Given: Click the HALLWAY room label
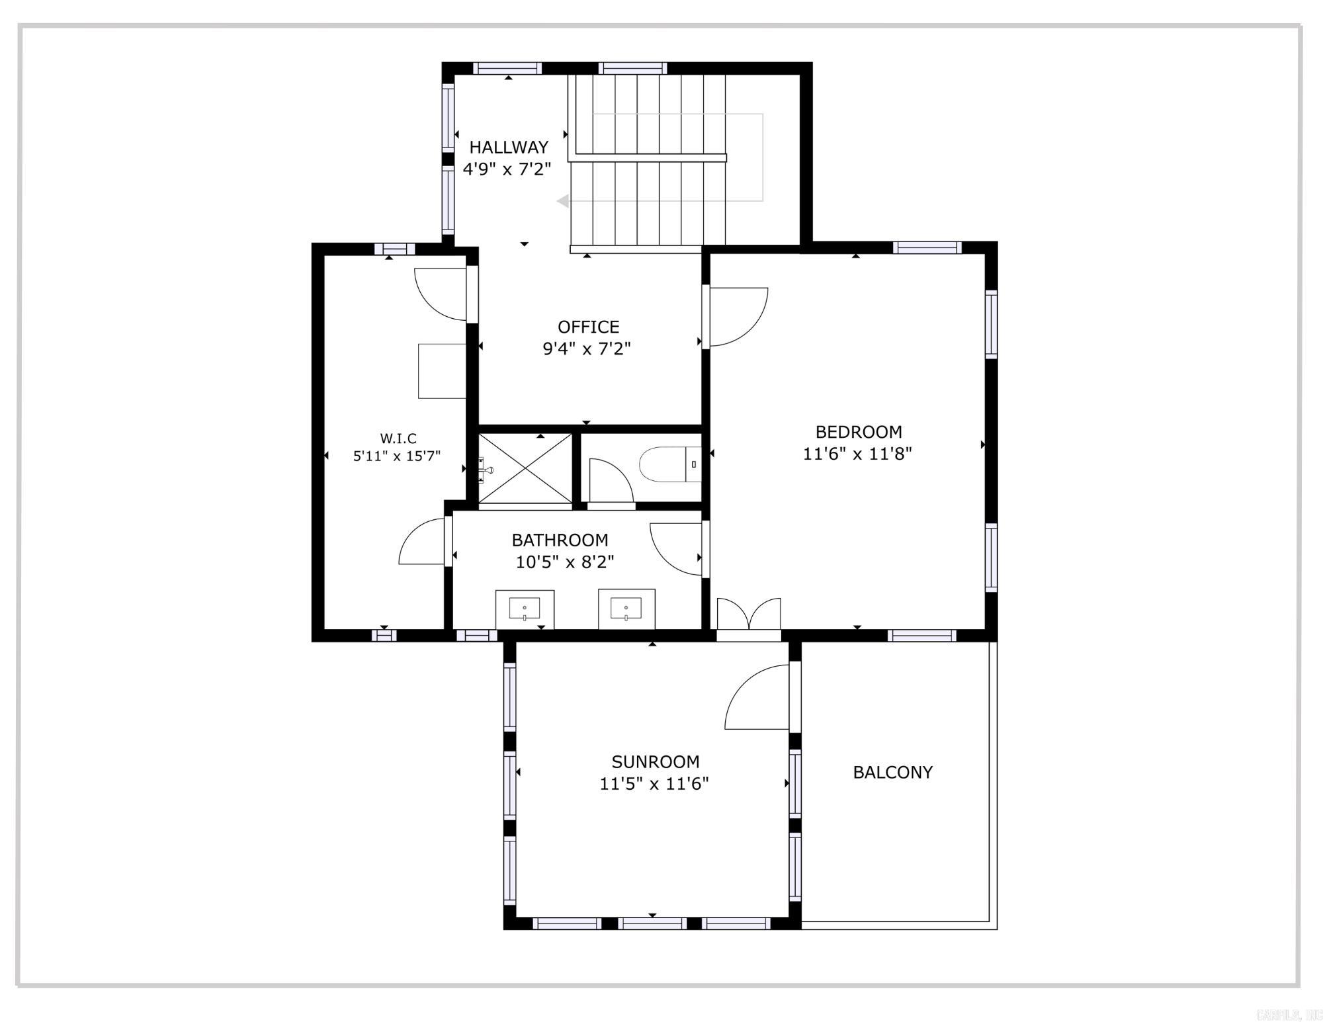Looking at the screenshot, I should tap(509, 147).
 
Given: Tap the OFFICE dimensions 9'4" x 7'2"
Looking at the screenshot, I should tap(587, 349).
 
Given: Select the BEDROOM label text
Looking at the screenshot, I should tap(859, 432).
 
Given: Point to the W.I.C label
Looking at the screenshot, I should tap(398, 439).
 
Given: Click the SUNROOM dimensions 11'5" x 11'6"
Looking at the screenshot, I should tap(654, 784).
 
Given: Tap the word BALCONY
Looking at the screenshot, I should tap(892, 772).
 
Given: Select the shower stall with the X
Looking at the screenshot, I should tap(525, 468).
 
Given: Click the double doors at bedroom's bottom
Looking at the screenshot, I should tap(749, 615).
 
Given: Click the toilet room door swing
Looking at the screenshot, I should tap(610, 482).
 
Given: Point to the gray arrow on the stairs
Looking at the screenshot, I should tap(563, 201).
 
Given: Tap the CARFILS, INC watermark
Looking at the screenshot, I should tap(1287, 1014).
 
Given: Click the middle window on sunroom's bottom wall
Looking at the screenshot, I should tap(652, 923).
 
